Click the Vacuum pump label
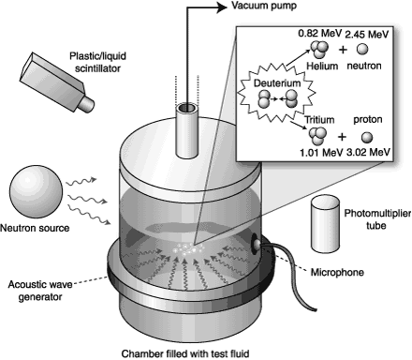point(264,7)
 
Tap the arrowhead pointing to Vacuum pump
point(222,7)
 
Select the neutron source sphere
point(36,192)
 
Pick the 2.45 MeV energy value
point(367,34)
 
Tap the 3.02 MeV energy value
point(368,152)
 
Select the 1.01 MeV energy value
point(321,153)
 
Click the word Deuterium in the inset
point(277,83)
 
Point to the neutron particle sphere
point(362,49)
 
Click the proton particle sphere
point(367,138)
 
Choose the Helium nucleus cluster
point(319,50)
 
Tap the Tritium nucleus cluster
point(317,136)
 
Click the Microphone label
point(337,273)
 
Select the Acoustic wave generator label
point(40,291)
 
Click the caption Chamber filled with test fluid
point(185,353)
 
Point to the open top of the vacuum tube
point(187,108)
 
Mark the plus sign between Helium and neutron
point(343,49)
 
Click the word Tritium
point(319,120)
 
